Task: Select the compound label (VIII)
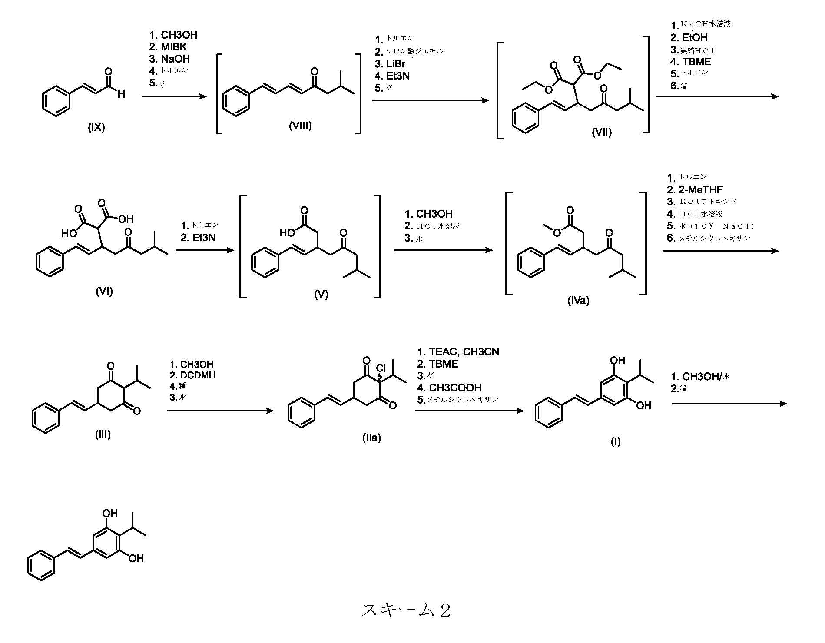(300, 126)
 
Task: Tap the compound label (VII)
(601, 132)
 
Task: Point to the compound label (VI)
(104, 291)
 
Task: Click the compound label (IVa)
(578, 300)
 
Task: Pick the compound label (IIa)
(371, 438)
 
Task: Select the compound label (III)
(103, 434)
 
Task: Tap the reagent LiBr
(396, 64)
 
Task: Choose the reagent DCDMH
(198, 375)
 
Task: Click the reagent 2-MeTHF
(701, 189)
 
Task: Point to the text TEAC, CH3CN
(464, 351)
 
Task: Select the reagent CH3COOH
(455, 388)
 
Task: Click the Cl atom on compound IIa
(381, 369)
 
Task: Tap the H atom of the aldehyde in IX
(121, 93)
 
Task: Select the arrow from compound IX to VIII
(174, 96)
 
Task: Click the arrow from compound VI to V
(205, 251)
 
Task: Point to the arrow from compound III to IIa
(220, 410)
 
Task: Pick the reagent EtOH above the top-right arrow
(695, 37)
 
